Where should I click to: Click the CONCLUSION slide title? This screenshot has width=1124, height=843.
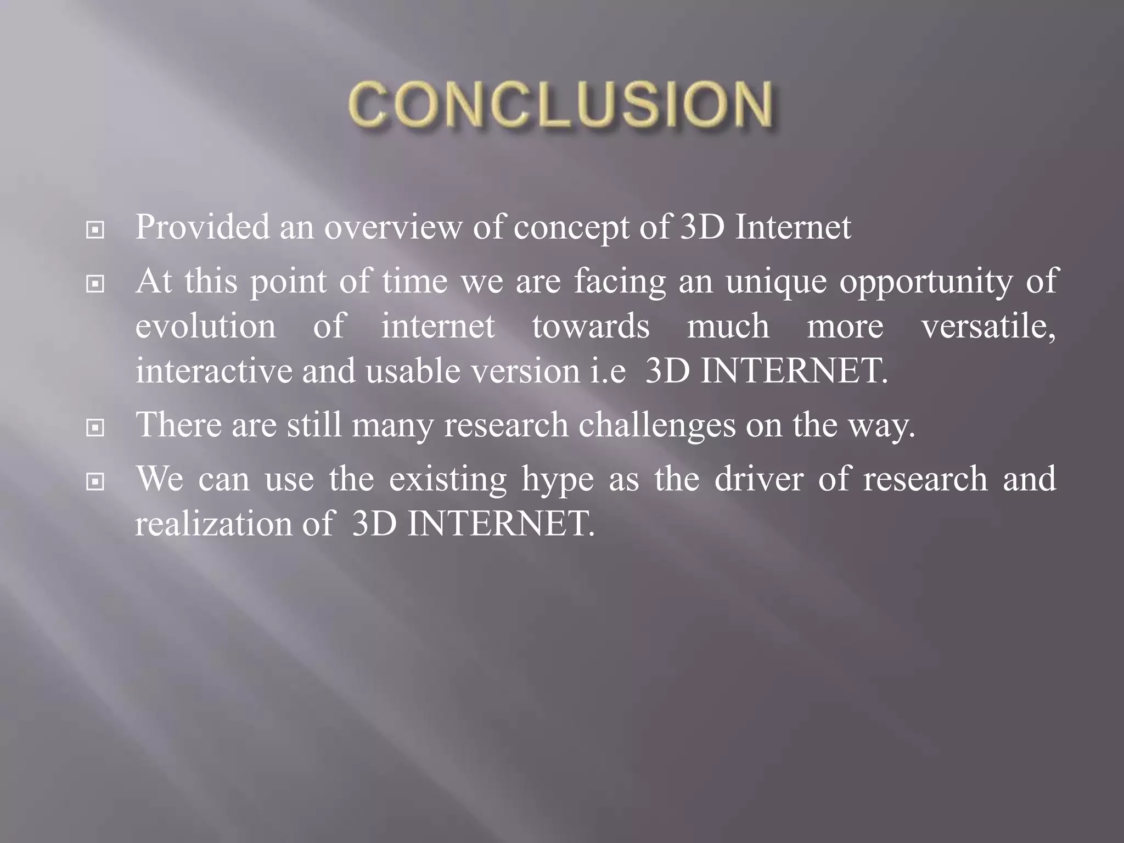click(561, 105)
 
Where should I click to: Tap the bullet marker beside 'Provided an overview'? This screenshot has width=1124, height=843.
click(95, 230)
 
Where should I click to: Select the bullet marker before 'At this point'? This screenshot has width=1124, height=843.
click(95, 284)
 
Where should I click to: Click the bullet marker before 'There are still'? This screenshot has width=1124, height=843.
click(95, 428)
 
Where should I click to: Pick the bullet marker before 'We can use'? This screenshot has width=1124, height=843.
click(95, 481)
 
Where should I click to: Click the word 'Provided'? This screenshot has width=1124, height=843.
click(203, 227)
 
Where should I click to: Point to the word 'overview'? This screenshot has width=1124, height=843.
click(393, 227)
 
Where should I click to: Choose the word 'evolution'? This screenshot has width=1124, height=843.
click(206, 326)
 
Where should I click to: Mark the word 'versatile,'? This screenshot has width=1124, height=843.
click(988, 326)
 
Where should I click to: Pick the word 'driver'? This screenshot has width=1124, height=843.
click(758, 479)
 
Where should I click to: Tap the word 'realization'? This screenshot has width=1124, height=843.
click(213, 524)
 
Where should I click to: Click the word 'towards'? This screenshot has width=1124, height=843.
click(591, 326)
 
